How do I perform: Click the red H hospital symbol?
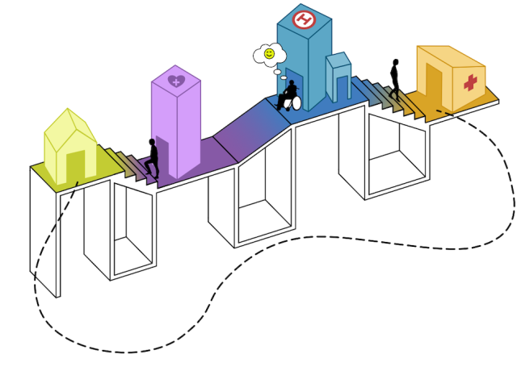(304, 19)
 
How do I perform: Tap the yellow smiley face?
(269, 53)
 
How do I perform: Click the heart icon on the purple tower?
(176, 81)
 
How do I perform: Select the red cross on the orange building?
(470, 82)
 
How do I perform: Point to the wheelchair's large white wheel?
(296, 102)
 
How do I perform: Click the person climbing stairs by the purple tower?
(153, 158)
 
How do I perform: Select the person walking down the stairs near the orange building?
(395, 80)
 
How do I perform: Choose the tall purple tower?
(176, 122)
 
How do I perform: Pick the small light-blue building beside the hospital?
(339, 77)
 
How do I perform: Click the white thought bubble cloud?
(270, 55)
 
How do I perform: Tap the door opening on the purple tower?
(162, 155)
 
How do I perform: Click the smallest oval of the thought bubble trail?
(284, 77)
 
